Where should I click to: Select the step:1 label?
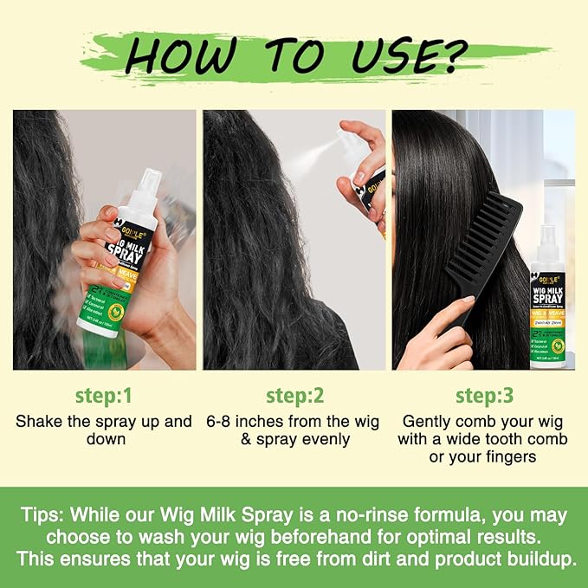(103, 396)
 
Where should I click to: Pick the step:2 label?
(295, 396)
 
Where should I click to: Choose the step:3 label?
(484, 396)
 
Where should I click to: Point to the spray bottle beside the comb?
(547, 294)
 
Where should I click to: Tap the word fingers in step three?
(508, 456)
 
